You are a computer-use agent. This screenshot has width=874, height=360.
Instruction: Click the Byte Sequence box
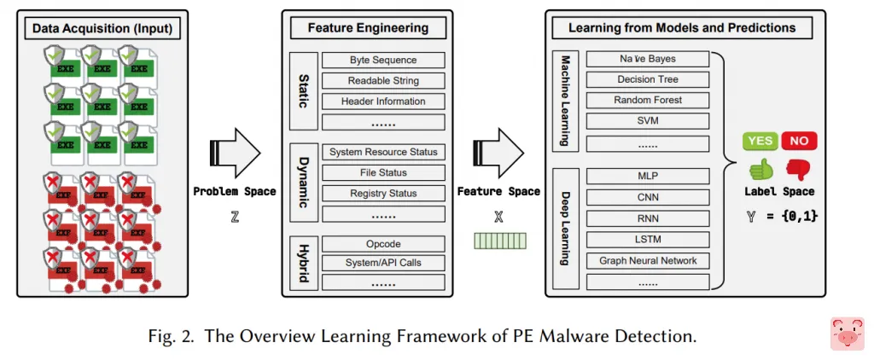(383, 61)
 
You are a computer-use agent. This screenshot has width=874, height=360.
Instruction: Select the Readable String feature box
(383, 81)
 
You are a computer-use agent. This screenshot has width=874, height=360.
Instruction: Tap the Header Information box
(383, 102)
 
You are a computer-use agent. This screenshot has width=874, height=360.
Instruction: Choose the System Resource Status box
(383, 152)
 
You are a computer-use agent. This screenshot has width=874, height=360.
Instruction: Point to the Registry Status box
(383, 194)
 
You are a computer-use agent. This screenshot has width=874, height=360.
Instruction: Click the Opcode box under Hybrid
(383, 244)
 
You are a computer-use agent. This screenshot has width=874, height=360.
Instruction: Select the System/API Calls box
(383, 263)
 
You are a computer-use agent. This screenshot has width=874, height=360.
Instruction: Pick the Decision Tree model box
(648, 79)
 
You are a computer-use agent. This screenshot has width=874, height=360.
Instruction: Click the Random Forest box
(648, 100)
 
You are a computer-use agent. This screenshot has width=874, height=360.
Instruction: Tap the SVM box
(648, 120)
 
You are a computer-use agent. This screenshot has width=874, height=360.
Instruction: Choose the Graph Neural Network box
(648, 260)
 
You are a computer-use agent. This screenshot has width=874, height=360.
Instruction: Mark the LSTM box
(648, 240)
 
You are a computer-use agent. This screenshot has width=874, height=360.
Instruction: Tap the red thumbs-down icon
(797, 168)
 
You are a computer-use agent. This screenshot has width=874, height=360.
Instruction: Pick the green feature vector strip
(500, 241)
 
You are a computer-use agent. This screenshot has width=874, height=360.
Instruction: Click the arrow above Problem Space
(234, 154)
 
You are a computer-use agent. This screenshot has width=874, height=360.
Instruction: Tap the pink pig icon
(847, 334)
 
